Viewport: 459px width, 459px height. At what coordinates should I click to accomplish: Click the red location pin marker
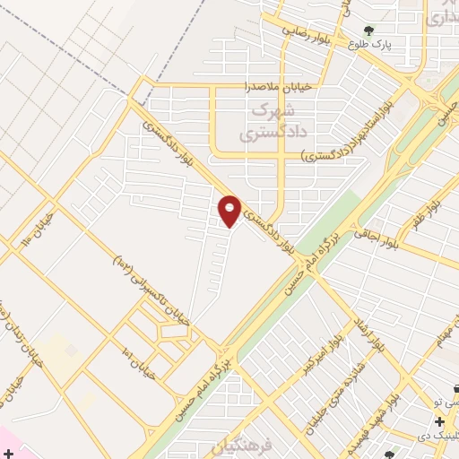point(230,210)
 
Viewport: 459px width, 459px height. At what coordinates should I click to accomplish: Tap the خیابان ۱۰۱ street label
point(141,361)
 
